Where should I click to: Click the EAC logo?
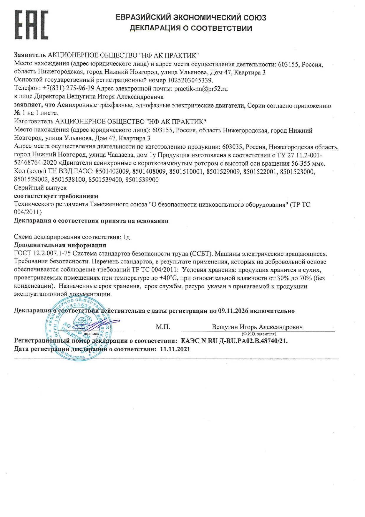click(31, 25)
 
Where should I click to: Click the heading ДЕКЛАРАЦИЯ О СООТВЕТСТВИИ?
click(191, 28)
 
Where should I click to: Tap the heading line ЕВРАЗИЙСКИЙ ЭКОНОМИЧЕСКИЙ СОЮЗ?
click(191, 18)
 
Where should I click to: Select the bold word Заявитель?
click(30, 55)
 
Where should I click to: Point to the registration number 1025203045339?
click(190, 80)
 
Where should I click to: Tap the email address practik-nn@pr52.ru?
click(201, 88)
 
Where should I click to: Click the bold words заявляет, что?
click(35, 105)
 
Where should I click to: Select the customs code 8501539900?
click(142, 180)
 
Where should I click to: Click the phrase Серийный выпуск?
click(40, 187)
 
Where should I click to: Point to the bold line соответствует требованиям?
click(56, 196)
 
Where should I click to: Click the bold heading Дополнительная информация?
click(60, 245)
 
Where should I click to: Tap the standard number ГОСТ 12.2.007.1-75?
click(42, 254)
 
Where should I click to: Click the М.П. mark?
click(163, 327)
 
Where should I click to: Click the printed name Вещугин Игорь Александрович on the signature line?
click(257, 327)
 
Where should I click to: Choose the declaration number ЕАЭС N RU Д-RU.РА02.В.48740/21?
click(234, 341)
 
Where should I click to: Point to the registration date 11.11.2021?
click(175, 349)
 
